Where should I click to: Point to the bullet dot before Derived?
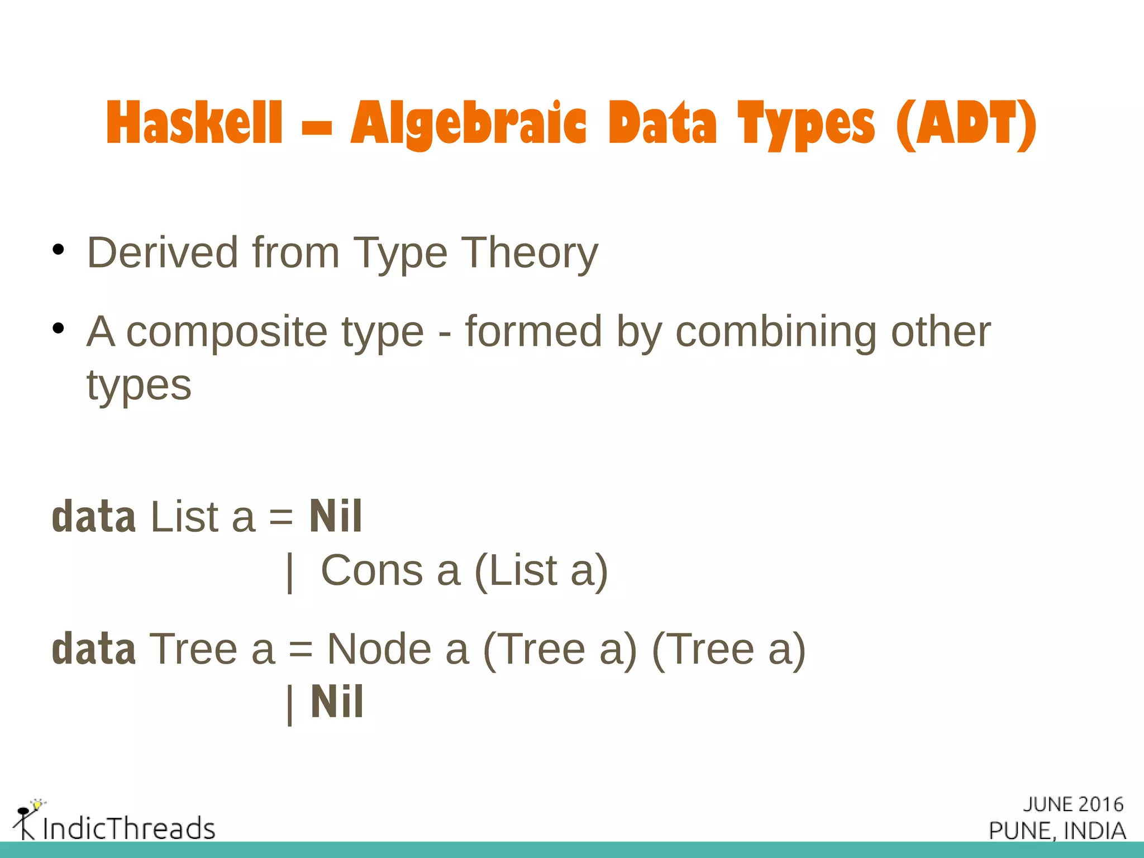point(58,250)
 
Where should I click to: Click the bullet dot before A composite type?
point(58,328)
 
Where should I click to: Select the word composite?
point(226,332)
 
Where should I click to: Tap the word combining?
point(775,332)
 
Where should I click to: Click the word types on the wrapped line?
point(139,385)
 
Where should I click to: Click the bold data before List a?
point(93,517)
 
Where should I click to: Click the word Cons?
point(371,570)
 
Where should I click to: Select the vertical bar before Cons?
point(289,572)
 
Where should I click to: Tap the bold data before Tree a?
point(93,649)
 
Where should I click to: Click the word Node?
point(379,649)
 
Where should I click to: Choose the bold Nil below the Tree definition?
point(337,702)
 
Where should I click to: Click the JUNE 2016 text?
point(1073,804)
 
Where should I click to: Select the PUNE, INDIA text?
point(1057,831)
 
